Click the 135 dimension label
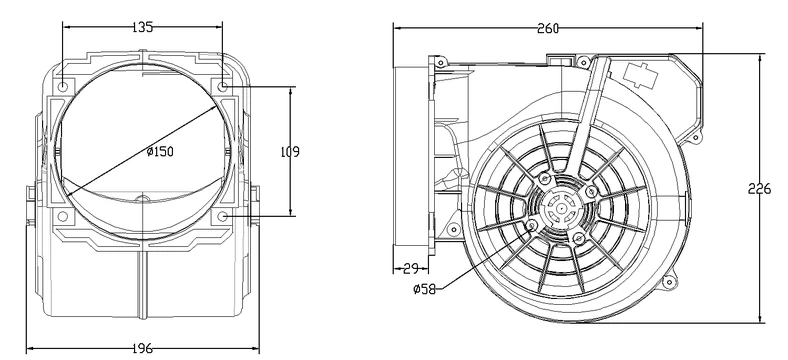click(x=142, y=28)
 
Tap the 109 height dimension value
click(x=289, y=151)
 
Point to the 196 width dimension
click(x=141, y=348)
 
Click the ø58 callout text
click(x=423, y=291)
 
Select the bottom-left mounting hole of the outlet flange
click(x=63, y=215)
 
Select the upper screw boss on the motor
click(x=544, y=179)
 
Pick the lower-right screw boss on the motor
click(x=579, y=237)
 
